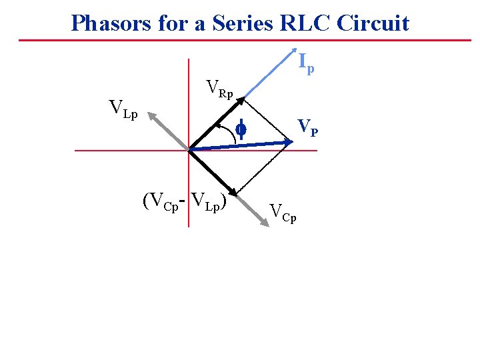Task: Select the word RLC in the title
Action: tap(307, 24)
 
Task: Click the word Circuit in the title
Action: tap(373, 24)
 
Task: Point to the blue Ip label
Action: tap(306, 63)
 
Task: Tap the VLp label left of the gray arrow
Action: tap(123, 109)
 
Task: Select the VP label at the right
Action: tap(307, 126)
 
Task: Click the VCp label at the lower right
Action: tap(283, 213)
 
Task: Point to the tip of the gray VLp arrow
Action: tap(151, 114)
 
